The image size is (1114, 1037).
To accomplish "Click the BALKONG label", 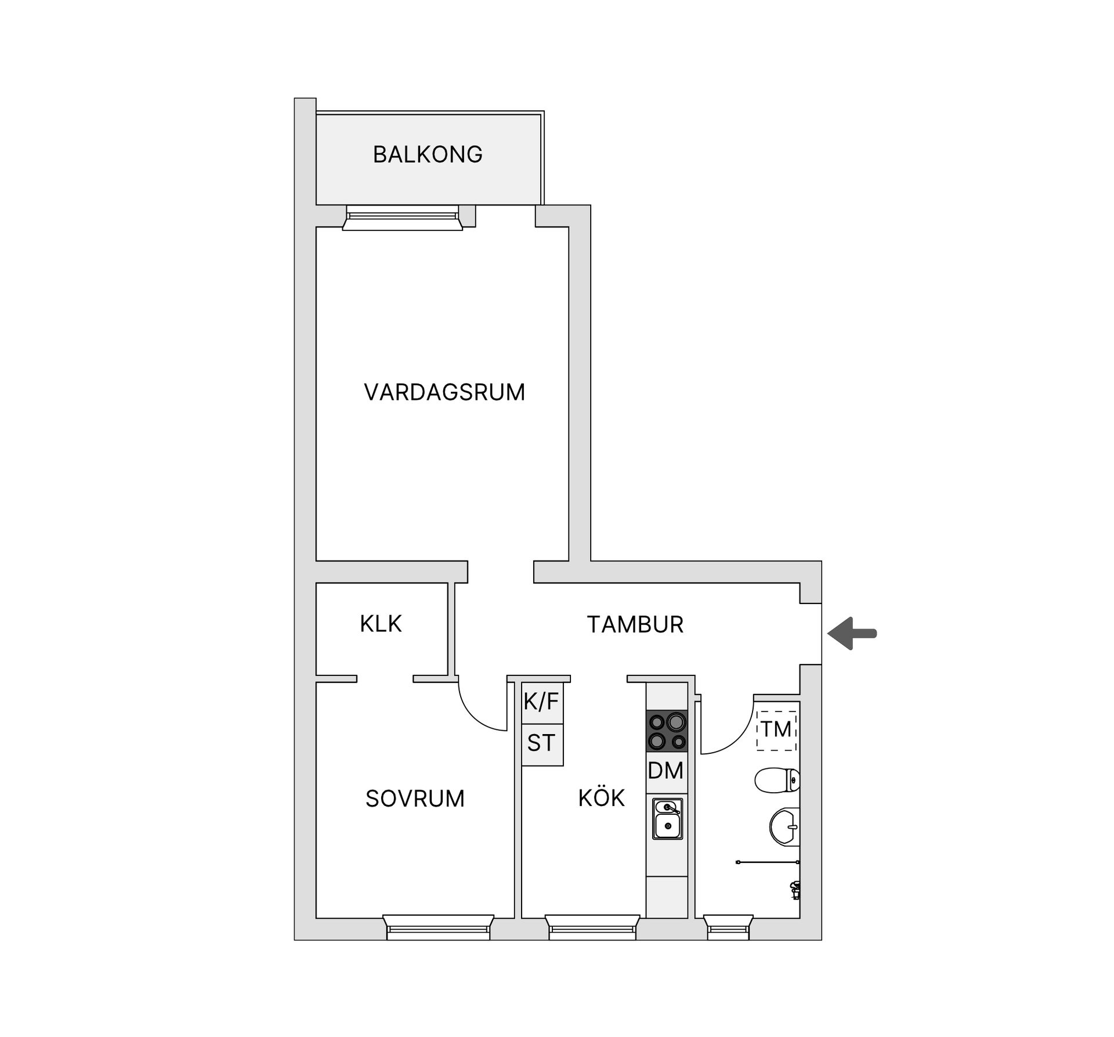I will (428, 155).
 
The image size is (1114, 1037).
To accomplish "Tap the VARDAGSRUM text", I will (444, 393).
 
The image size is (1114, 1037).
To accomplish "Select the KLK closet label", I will (381, 624).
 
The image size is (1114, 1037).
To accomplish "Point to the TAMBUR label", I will (635, 625).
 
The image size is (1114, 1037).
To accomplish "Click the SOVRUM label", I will (415, 799).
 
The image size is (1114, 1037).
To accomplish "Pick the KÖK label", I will (602, 798).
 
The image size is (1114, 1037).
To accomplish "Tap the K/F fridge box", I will (542, 703).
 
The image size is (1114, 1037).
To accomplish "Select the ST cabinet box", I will (542, 744).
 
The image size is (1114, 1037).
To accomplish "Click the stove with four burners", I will (667, 731).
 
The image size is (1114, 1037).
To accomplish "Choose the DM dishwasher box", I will (666, 771).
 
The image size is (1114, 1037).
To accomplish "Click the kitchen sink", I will (667, 819).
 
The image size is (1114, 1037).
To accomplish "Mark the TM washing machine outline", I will (776, 729).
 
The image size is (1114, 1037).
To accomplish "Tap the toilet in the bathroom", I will (777, 780).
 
